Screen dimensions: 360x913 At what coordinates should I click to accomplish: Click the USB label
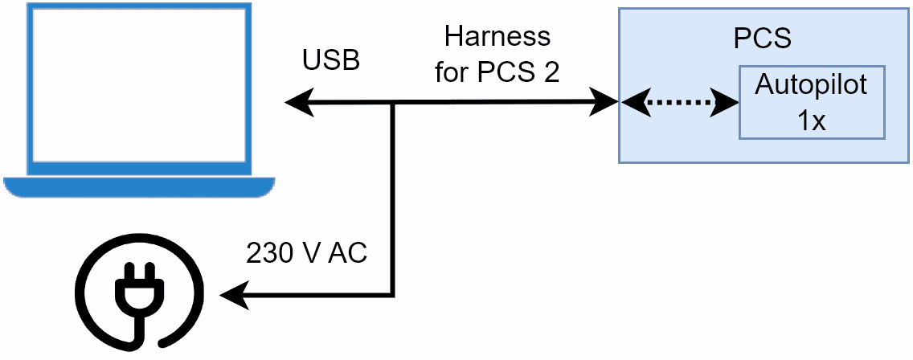(x=330, y=60)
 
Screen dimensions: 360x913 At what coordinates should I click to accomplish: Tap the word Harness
(x=497, y=37)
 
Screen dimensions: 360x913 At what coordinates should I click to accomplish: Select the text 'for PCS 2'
(x=497, y=72)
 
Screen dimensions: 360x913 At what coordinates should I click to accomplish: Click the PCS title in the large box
(x=762, y=39)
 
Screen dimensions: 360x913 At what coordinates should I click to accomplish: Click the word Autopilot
(x=811, y=84)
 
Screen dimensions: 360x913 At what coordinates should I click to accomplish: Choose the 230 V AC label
(x=306, y=254)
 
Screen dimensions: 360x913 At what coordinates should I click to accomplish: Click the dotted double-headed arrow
(x=680, y=103)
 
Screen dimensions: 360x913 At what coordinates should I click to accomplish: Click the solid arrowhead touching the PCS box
(x=604, y=103)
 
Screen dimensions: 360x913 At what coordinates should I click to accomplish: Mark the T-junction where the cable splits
(x=394, y=103)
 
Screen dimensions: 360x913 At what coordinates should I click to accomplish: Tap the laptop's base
(x=138, y=186)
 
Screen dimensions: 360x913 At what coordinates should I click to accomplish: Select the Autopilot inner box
(x=812, y=101)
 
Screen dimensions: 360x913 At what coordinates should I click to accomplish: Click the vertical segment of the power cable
(x=394, y=201)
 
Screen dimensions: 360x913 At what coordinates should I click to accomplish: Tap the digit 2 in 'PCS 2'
(x=550, y=72)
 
